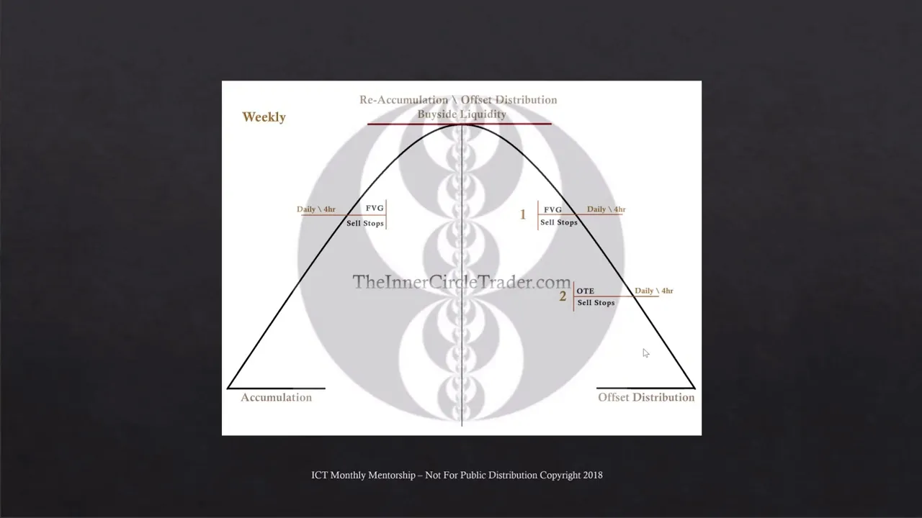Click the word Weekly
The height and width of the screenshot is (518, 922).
(264, 117)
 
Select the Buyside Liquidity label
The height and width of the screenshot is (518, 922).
(462, 114)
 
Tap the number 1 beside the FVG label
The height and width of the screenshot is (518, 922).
(523, 214)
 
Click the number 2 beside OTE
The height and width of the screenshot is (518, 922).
(563, 296)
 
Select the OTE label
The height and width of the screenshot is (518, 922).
(585, 291)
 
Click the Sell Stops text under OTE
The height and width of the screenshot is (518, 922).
(596, 303)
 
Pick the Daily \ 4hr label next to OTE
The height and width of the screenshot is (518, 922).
(653, 291)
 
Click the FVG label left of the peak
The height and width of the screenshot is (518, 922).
(375, 209)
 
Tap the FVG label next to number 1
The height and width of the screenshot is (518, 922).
(552, 210)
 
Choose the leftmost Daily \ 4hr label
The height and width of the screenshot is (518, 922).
(315, 209)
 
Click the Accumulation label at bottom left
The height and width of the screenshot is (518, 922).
(276, 398)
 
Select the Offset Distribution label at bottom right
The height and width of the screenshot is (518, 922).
(646, 398)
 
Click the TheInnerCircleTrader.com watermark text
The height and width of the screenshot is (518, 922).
(461, 282)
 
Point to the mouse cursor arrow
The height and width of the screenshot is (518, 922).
(645, 353)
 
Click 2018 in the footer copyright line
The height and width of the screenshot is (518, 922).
(593, 475)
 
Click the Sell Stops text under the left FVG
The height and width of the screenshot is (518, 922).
(365, 224)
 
